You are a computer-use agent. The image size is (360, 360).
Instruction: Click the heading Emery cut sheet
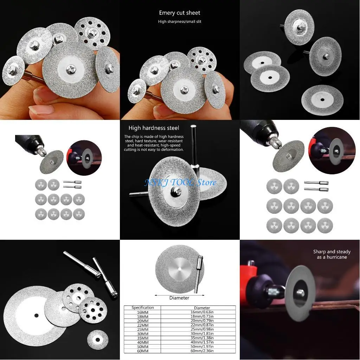point(179,13)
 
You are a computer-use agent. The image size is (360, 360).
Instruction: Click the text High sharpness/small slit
point(179,21)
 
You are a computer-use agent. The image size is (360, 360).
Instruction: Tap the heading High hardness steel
point(154,128)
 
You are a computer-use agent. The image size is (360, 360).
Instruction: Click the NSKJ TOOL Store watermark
point(180,182)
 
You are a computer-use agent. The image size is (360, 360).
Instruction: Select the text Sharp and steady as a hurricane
point(332,254)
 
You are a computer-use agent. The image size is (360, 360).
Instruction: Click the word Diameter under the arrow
point(179,298)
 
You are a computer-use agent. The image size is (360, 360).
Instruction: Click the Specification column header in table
point(143,308)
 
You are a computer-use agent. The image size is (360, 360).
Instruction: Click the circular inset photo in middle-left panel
point(84,157)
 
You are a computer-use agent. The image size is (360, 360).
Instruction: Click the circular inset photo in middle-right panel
point(332,150)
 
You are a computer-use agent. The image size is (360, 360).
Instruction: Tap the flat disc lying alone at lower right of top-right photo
point(322,100)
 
